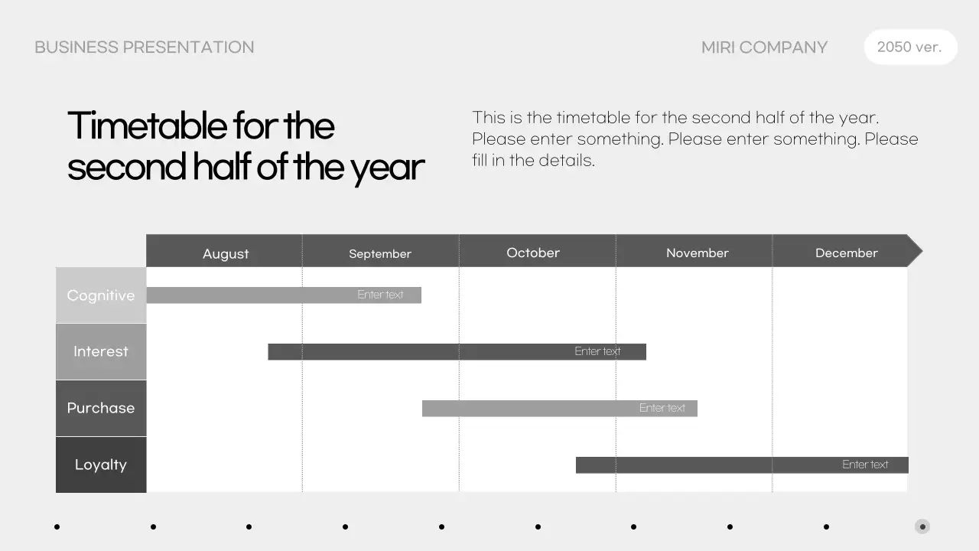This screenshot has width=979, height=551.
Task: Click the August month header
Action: (226, 253)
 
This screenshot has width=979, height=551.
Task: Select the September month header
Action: (380, 253)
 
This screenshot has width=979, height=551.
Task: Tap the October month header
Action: (533, 253)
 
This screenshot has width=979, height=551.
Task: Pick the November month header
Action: (697, 253)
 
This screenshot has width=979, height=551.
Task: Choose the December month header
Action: (846, 253)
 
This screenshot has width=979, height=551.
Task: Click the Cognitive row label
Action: (101, 295)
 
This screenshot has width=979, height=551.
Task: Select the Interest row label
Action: (101, 352)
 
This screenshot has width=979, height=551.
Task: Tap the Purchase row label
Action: (101, 408)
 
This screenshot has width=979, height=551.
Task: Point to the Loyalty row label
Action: (101, 465)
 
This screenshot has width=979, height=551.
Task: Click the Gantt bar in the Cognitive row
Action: (283, 295)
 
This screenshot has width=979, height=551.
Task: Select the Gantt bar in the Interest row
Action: (457, 352)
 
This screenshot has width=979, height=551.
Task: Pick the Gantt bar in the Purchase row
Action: (559, 409)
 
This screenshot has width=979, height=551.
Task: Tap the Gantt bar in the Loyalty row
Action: (742, 465)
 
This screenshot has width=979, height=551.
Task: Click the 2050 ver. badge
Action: (909, 47)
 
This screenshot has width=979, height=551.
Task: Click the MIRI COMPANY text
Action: (764, 47)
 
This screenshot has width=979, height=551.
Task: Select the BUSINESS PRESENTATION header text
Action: (145, 47)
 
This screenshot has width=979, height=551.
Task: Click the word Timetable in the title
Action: (147, 126)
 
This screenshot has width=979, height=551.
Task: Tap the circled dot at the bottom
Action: (922, 527)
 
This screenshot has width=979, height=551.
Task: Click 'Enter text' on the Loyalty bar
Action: (865, 465)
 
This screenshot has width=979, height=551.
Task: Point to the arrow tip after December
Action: (916, 251)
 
